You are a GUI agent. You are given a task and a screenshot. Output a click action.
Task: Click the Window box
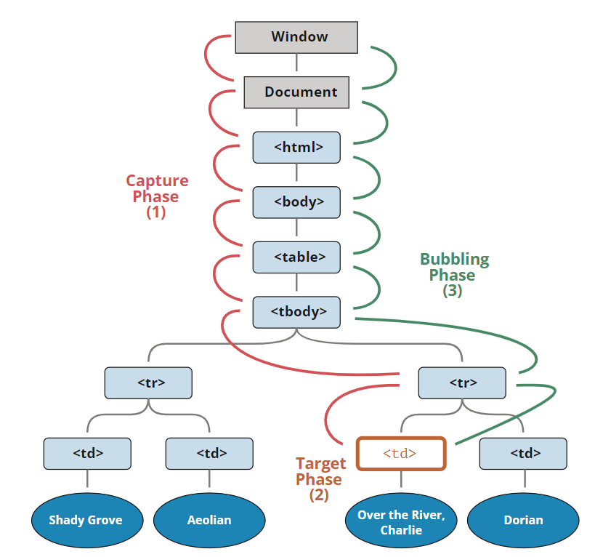click(x=296, y=37)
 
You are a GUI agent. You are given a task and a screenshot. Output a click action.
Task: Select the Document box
click(x=296, y=92)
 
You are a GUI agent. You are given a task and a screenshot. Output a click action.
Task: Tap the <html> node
click(x=296, y=147)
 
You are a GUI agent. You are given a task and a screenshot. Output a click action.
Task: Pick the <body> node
click(x=296, y=201)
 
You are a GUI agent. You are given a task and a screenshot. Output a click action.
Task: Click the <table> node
click(x=296, y=256)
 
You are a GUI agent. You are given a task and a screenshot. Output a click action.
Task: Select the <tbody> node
click(x=296, y=311)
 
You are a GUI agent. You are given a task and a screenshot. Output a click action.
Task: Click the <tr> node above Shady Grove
click(x=148, y=382)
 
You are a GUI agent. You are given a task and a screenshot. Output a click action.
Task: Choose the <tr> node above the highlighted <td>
click(x=462, y=382)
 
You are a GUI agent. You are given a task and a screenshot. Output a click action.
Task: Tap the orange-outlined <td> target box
click(x=400, y=454)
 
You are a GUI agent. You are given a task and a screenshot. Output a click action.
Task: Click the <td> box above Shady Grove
click(x=87, y=454)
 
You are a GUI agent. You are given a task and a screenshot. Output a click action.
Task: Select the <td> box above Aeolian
click(x=209, y=454)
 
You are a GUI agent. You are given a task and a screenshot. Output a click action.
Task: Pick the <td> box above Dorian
click(x=523, y=454)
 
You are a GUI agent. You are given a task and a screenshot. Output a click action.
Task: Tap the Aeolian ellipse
click(x=209, y=520)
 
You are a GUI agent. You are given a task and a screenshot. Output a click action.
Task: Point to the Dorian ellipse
click(x=523, y=520)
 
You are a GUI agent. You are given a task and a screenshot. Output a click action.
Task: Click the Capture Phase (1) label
click(x=156, y=196)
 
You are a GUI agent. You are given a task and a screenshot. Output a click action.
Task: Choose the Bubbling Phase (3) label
click(x=454, y=275)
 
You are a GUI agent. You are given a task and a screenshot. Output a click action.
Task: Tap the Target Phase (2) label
click(x=320, y=479)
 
